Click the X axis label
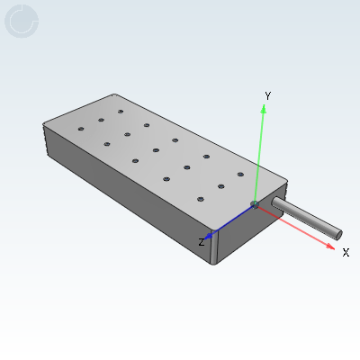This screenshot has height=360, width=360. tap(346, 253)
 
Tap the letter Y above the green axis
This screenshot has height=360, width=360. tap(267, 95)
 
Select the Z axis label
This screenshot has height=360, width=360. tap(202, 241)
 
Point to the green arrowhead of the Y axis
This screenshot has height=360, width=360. tap(264, 109)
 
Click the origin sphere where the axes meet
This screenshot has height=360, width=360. tap(255, 205)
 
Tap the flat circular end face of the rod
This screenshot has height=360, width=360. tap(338, 234)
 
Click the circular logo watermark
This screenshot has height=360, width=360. tap(22, 22)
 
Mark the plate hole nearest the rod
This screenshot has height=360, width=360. tap(240, 174)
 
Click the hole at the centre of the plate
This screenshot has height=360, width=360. tap(156, 149)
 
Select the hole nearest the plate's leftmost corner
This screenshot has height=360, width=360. tap(81, 130)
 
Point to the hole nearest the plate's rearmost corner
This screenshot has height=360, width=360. tap(121, 112)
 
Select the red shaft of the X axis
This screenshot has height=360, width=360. tap(297, 226)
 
